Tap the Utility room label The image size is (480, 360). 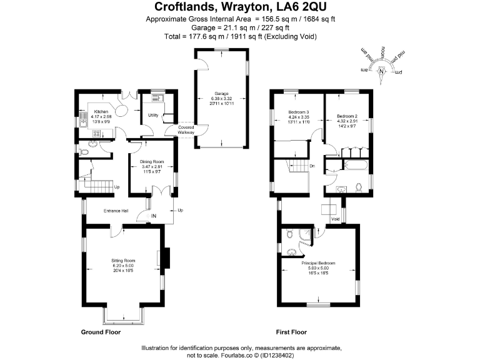click(x=152, y=116)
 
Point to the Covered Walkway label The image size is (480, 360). click(x=186, y=129)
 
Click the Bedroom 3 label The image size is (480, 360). click(x=299, y=112)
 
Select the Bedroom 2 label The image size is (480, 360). click(x=346, y=116)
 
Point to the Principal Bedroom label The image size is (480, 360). click(x=318, y=263)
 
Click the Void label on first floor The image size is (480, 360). click(x=335, y=219)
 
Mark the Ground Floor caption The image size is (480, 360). click(x=101, y=332)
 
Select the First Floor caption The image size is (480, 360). click(x=291, y=332)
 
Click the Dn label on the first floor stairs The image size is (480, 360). click(x=312, y=166)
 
